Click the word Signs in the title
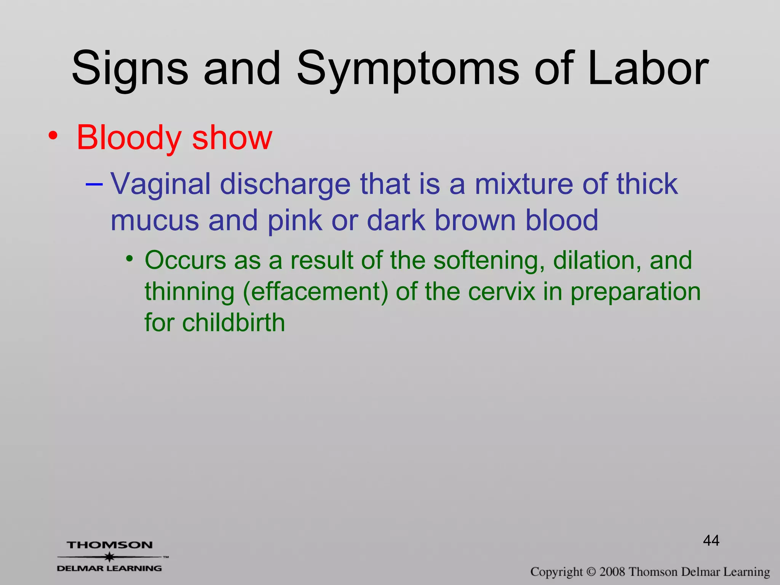click(x=129, y=69)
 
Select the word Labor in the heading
click(x=647, y=69)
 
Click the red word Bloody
click(x=129, y=138)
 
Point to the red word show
click(x=232, y=138)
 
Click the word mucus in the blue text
click(x=155, y=221)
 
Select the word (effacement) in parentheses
click(x=315, y=292)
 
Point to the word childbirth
click(x=233, y=323)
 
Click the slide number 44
click(x=711, y=540)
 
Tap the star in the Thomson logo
click(x=110, y=557)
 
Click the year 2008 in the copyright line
click(x=612, y=572)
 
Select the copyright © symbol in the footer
click(x=591, y=572)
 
